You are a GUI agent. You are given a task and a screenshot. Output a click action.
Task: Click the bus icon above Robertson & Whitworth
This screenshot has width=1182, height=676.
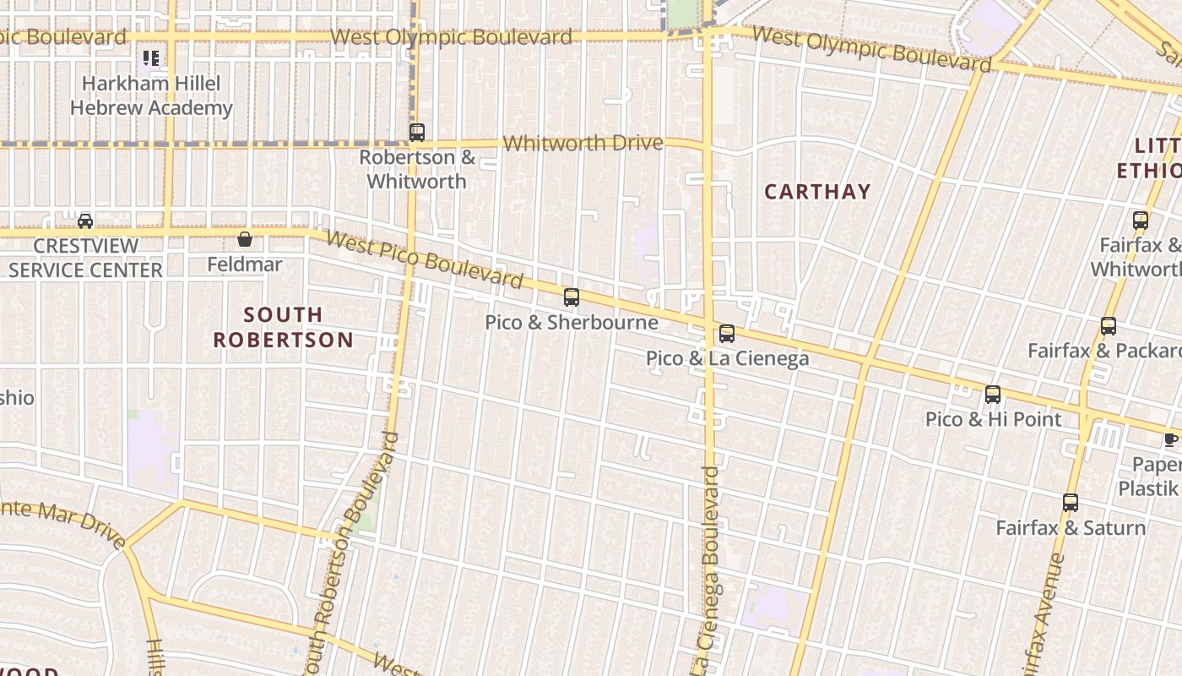tap(416, 132)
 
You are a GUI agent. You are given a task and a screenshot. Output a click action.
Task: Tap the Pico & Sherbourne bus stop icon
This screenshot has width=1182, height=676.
tap(572, 297)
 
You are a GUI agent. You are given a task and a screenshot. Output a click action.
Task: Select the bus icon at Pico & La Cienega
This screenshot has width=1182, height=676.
tap(727, 333)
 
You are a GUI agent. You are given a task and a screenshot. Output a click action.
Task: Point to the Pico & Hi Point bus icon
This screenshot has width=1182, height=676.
tap(993, 394)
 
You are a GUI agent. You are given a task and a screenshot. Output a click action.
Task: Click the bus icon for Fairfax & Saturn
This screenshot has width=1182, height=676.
tap(1071, 503)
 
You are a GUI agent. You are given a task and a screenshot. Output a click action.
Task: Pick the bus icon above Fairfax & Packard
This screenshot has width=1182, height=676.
tap(1109, 325)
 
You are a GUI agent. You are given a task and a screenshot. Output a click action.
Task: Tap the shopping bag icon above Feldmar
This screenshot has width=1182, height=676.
tap(245, 239)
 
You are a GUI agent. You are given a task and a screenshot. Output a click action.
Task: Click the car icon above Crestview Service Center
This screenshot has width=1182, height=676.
tap(85, 221)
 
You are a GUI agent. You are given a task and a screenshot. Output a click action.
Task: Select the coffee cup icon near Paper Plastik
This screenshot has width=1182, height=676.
tap(1170, 439)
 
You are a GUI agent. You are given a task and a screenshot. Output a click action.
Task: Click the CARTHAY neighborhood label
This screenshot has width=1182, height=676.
tap(817, 192)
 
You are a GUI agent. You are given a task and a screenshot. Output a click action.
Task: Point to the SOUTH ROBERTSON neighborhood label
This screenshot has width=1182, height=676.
tap(283, 327)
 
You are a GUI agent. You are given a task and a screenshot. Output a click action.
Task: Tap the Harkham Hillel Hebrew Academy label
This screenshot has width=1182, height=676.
tap(151, 95)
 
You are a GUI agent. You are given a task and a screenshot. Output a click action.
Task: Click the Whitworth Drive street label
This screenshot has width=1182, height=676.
tap(583, 143)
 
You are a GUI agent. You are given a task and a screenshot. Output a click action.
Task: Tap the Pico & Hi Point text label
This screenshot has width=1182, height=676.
tap(993, 419)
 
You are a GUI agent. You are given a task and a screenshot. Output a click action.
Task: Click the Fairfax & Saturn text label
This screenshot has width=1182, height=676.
tap(1071, 528)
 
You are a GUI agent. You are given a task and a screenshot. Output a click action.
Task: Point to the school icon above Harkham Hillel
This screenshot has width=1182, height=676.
tap(151, 58)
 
